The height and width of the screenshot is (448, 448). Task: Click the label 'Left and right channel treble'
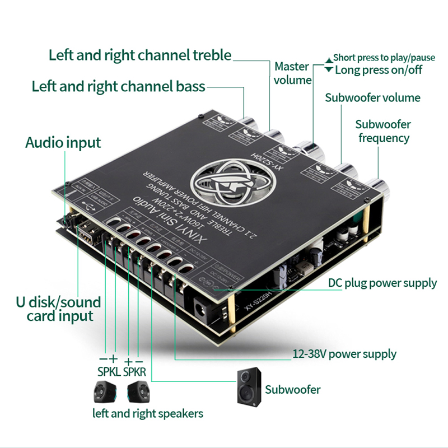[139, 55]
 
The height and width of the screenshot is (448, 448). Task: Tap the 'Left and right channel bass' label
[118, 87]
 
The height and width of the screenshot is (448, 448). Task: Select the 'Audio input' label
[63, 142]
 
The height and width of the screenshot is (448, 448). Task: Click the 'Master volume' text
[292, 73]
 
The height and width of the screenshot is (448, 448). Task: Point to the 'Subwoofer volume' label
[372, 98]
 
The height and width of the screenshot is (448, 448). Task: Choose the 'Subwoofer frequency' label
[383, 131]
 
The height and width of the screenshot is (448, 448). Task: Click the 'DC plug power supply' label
[382, 283]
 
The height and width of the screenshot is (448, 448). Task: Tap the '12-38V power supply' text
[344, 354]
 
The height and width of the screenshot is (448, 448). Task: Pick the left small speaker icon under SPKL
[105, 391]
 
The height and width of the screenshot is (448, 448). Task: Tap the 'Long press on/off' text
[379, 70]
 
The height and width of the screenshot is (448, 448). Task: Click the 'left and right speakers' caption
[148, 414]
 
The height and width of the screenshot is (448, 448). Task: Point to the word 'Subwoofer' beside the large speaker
[293, 389]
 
